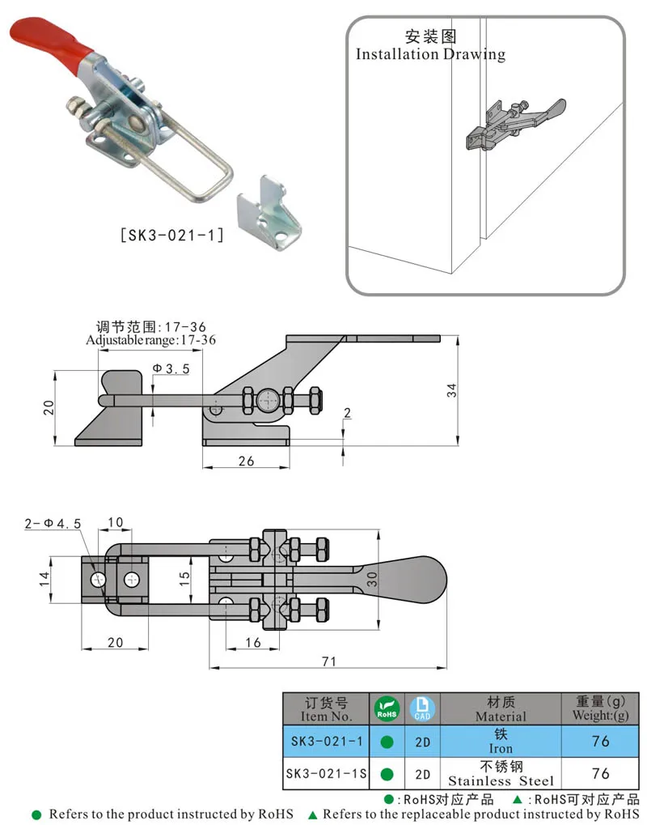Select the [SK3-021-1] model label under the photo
click(171, 236)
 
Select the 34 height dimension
click(451, 389)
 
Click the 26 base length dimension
click(246, 461)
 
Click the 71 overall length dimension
click(328, 661)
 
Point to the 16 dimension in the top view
click(252, 642)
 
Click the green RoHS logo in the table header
click(387, 709)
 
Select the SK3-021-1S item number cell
click(326, 774)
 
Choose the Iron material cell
click(501, 741)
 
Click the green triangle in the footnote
click(313, 814)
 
